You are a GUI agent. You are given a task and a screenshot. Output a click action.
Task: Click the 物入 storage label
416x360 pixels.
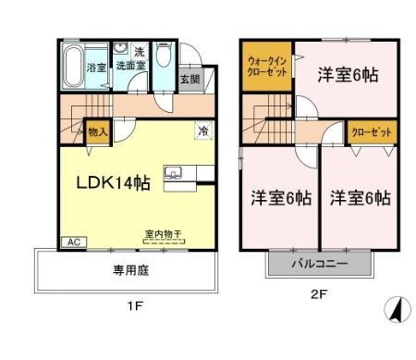click(98, 132)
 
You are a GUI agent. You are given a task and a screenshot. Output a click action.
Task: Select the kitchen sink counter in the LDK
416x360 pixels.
click(174, 174)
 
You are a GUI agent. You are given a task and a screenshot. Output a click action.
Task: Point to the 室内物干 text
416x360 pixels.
click(163, 235)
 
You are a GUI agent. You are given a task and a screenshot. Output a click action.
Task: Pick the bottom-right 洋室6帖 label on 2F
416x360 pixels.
click(361, 197)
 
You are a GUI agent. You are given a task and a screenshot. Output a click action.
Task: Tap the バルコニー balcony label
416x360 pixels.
click(321, 263)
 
